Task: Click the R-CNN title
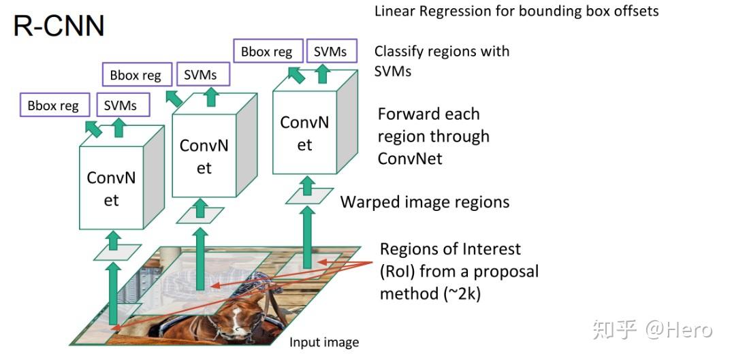[x=59, y=25]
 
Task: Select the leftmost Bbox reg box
[x=53, y=105]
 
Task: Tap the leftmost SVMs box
[x=121, y=105]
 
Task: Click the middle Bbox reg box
[x=136, y=75]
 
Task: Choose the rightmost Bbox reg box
[x=266, y=52]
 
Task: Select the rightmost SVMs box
[x=330, y=52]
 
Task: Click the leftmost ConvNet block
[x=112, y=189]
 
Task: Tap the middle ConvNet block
[x=204, y=156]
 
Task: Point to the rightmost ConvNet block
[x=304, y=133]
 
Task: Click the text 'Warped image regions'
[x=425, y=202]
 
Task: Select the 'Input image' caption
[x=324, y=342]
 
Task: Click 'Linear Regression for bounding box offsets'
[x=516, y=12]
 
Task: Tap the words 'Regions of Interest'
[x=450, y=249]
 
